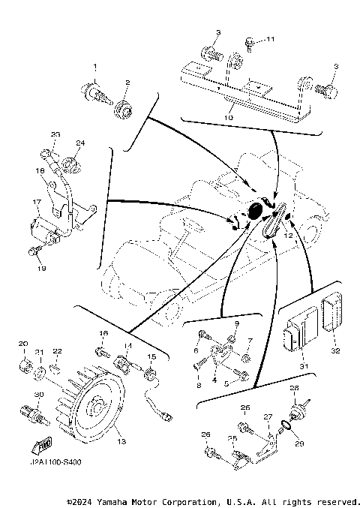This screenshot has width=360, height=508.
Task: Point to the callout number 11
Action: [x=271, y=39]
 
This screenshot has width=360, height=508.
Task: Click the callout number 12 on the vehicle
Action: [x=286, y=235]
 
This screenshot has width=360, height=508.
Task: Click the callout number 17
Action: [x=35, y=202]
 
